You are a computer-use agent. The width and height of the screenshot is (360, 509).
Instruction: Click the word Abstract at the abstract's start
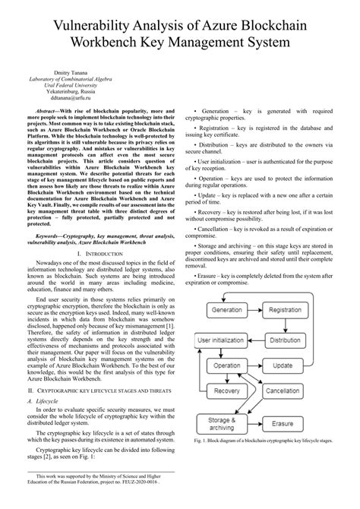pos(46,111)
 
